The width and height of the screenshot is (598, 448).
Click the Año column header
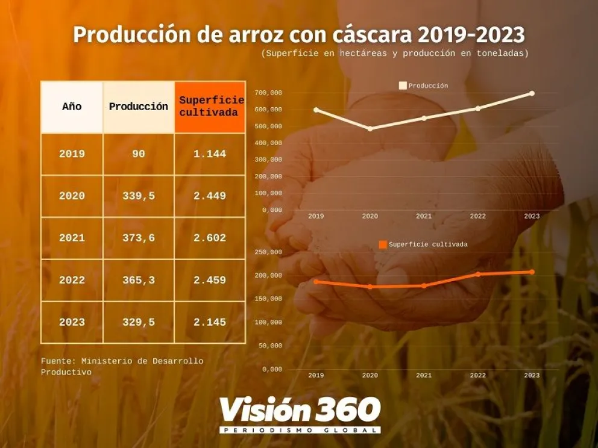(71, 107)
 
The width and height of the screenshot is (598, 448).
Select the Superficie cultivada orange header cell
(210, 107)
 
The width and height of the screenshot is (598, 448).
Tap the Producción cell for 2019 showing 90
(139, 154)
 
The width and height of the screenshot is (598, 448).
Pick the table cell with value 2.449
(210, 196)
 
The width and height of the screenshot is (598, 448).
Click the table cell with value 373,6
(139, 238)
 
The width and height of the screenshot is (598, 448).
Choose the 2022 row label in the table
(72, 281)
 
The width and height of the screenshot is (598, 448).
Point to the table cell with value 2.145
(210, 323)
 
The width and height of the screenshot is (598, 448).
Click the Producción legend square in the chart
(403, 86)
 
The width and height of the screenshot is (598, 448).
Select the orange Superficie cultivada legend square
(383, 244)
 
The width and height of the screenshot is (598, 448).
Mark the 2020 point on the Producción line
(370, 129)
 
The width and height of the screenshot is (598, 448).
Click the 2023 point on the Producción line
(532, 93)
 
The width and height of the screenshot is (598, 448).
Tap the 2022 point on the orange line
(478, 274)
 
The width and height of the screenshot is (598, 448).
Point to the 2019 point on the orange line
(316, 282)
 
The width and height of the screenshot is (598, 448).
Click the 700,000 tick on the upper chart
(268, 93)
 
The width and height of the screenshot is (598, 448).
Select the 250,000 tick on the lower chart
(268, 252)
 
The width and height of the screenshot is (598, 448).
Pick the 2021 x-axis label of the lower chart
(424, 376)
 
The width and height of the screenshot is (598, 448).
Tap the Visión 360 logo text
(300, 410)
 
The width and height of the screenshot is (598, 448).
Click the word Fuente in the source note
(56, 361)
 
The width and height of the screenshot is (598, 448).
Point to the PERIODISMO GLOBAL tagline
(300, 430)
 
